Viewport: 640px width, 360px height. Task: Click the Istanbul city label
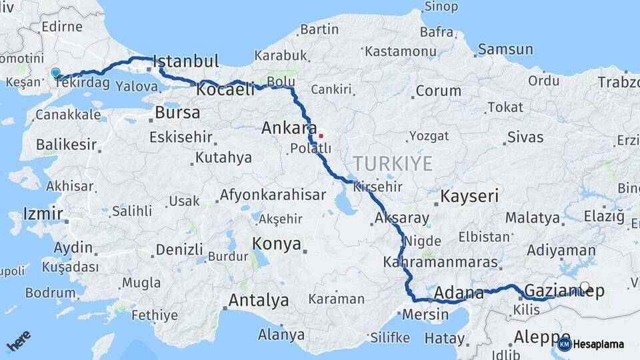pyautogui.click(x=186, y=61)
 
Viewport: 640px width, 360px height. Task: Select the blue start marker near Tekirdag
pyautogui.click(x=55, y=73)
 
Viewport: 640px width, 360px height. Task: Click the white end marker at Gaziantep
pyautogui.click(x=585, y=287)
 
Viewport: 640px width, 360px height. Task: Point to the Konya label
pyautogui.click(x=277, y=244)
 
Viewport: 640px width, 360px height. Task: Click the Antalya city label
pyautogui.click(x=259, y=301)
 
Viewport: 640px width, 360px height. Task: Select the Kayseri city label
pyautogui.click(x=470, y=196)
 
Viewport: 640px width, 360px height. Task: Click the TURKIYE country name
pyautogui.click(x=393, y=163)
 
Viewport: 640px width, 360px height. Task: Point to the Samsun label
pyautogui.click(x=505, y=49)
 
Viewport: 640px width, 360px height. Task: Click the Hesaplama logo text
pyautogui.click(x=598, y=344)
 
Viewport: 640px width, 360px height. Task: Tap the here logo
pyautogui.click(x=19, y=343)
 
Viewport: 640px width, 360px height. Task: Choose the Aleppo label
pyautogui.click(x=542, y=337)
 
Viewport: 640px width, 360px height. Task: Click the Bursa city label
pyautogui.click(x=177, y=112)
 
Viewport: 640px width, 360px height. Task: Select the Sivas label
pyautogui.click(x=525, y=137)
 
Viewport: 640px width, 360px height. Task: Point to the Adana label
pyautogui.click(x=459, y=293)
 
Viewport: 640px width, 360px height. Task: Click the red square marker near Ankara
pyautogui.click(x=321, y=136)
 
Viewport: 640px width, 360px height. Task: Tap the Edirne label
pyautogui.click(x=62, y=27)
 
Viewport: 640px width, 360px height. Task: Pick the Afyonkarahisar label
pyautogui.click(x=273, y=195)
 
